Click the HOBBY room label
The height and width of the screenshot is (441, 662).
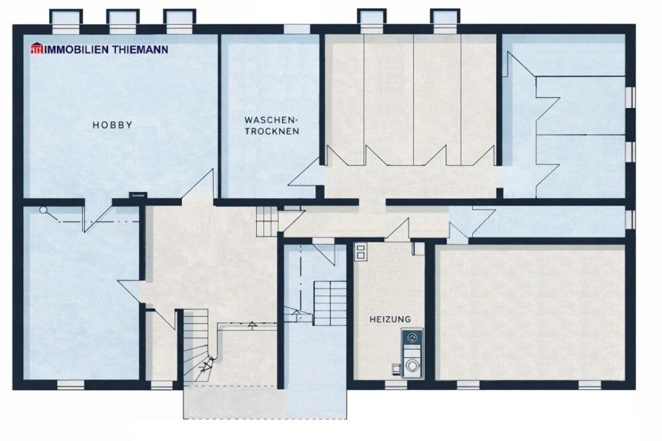112,125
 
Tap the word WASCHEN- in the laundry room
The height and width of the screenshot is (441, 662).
271,119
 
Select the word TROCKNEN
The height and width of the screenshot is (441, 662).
271,132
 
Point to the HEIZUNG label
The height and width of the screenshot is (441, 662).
390,319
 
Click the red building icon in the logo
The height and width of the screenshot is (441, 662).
36,50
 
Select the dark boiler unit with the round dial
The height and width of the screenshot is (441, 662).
412,338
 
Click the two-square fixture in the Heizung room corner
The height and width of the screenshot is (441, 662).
361,252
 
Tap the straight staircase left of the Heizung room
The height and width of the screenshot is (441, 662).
330,303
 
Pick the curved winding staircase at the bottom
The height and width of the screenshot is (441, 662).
196,345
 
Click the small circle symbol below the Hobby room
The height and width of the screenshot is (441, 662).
44,211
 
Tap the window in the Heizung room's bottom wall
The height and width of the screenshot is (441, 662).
395,385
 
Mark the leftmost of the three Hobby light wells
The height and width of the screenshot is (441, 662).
66,18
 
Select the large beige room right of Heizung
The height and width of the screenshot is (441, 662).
530,312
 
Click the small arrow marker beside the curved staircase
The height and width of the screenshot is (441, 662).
252,324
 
